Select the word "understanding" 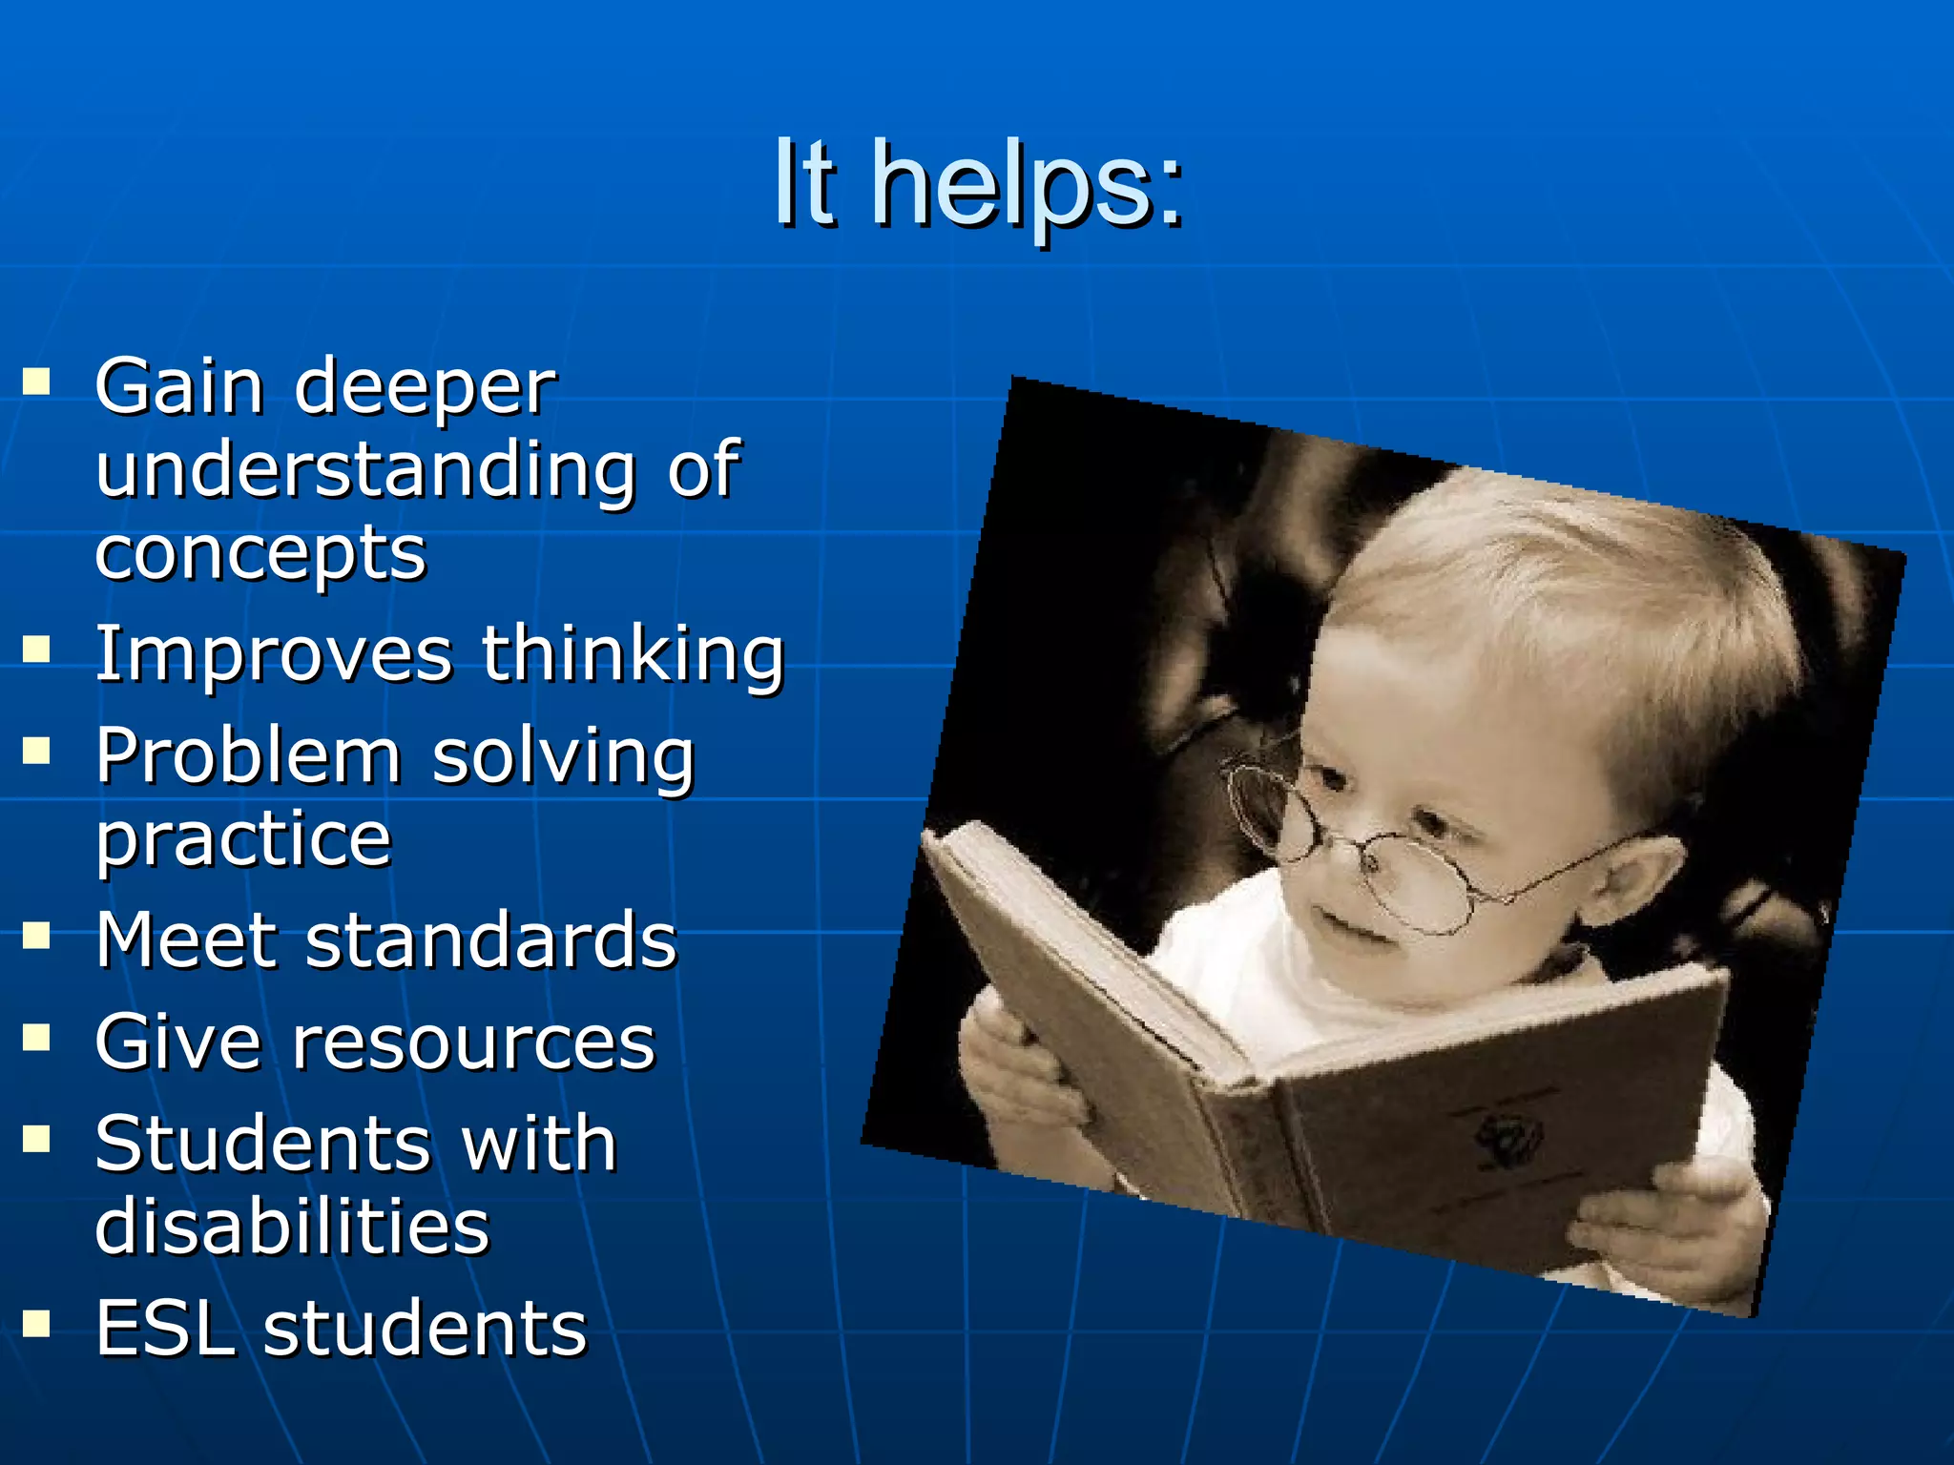click(x=365, y=470)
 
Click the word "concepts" click(x=260, y=554)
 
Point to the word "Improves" click(x=274, y=655)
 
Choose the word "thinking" click(x=633, y=655)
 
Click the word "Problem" click(x=248, y=756)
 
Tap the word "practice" click(x=243, y=839)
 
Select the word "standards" click(x=491, y=940)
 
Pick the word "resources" click(x=474, y=1042)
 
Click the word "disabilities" click(x=292, y=1227)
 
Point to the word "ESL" click(x=165, y=1329)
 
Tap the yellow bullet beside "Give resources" click(x=36, y=1037)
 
